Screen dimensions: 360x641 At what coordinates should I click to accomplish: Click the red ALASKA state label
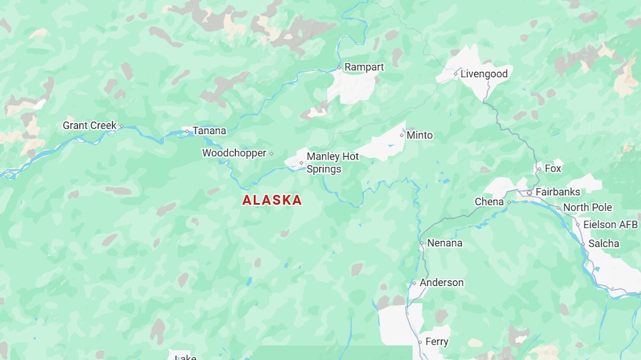point(272,200)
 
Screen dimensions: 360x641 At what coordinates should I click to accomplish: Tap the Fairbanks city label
point(557,192)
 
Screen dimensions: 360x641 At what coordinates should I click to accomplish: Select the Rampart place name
point(364,67)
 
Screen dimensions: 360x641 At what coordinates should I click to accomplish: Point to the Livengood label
point(484,74)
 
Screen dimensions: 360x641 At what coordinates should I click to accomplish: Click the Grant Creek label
point(90,126)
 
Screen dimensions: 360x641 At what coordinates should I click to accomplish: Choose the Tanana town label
point(209,130)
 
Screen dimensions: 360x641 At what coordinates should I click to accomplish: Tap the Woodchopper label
point(234,153)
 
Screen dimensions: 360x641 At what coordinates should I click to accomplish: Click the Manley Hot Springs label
point(332,163)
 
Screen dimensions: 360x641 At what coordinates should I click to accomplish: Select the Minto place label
point(419,135)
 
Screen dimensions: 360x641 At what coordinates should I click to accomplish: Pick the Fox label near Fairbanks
point(553,168)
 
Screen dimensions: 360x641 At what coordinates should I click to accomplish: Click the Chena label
point(489,202)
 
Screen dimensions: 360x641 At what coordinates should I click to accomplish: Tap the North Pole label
point(587,208)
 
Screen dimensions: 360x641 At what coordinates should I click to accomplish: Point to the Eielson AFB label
point(610,225)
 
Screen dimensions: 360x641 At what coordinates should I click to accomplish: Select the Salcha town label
point(604,244)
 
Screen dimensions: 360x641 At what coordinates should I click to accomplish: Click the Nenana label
point(445,243)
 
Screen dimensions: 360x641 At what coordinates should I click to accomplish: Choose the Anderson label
point(442,283)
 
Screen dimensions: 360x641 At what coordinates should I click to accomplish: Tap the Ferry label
point(437,342)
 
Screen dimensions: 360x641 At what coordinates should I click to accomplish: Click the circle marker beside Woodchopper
point(271,154)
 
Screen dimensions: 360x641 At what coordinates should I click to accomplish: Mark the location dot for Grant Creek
point(122,126)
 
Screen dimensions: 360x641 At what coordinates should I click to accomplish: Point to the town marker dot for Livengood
point(456,74)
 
